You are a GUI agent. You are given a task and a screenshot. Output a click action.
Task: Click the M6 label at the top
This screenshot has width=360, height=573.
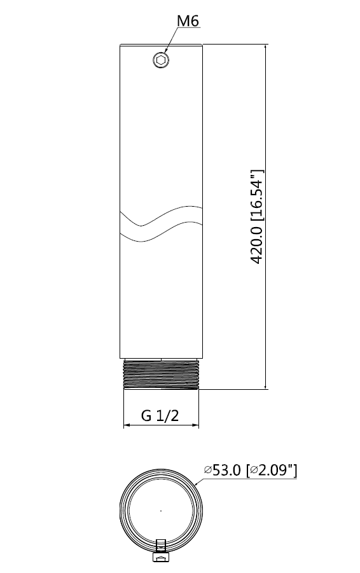(x=188, y=22)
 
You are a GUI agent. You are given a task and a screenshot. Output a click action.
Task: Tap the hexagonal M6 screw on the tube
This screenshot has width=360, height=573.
(x=161, y=60)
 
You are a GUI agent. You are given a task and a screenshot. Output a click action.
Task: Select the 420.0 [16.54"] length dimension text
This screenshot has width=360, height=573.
(x=256, y=217)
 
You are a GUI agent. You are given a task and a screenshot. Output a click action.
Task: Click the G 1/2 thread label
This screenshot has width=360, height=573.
(x=160, y=416)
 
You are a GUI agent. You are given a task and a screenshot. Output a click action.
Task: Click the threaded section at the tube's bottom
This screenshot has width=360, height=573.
(x=161, y=375)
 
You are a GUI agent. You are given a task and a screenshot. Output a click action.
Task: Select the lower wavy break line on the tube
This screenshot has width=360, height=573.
(x=161, y=233)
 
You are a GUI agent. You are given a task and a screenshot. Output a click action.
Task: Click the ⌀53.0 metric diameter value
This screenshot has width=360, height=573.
(x=223, y=471)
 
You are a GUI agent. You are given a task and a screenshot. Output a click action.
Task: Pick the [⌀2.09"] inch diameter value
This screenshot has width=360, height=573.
(x=272, y=471)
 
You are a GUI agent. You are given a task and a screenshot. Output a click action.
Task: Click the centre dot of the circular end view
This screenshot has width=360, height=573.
(x=161, y=510)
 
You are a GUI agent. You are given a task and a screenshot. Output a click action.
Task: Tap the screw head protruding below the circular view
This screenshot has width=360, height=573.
(x=161, y=558)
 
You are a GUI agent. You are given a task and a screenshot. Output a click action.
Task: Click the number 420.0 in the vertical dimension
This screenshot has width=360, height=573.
(x=256, y=243)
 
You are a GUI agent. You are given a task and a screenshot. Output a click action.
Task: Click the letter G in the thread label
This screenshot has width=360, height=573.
(x=146, y=416)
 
